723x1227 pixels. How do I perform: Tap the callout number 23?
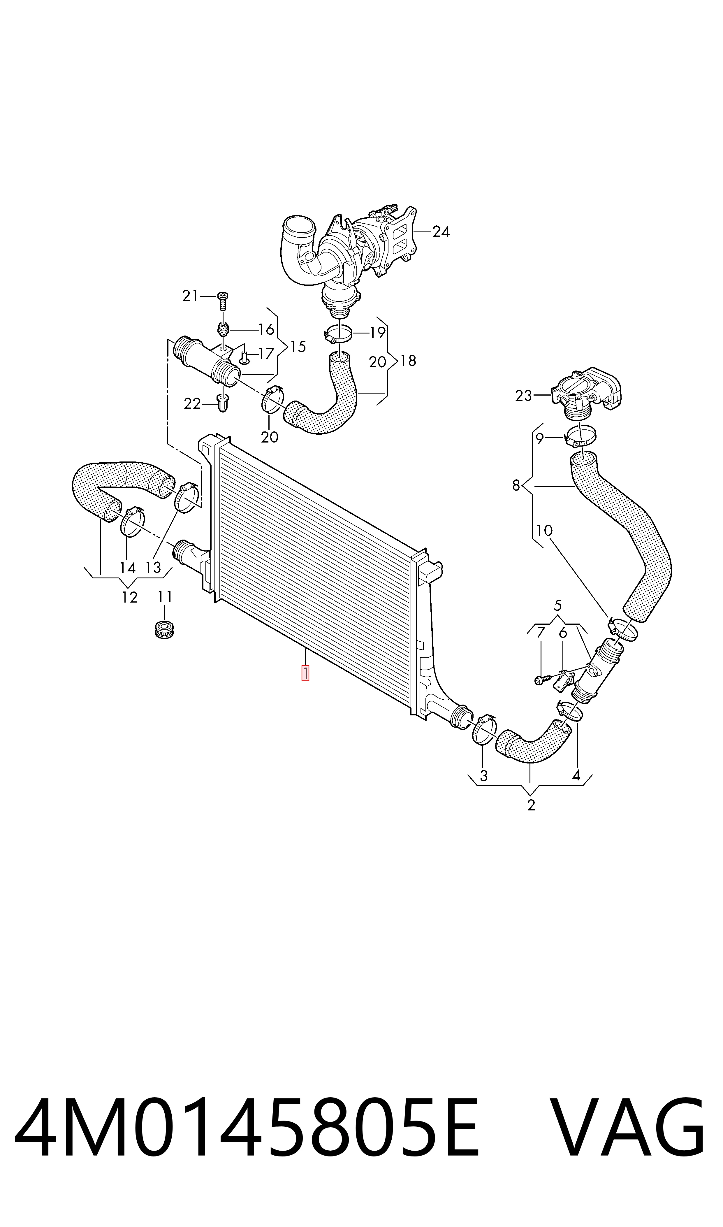tap(524, 395)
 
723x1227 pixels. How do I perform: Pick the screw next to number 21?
tap(223, 301)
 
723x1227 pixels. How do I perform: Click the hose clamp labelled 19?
tap(338, 333)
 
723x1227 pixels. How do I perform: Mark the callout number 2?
tap(531, 805)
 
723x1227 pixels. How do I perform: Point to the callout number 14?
tap(128, 567)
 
